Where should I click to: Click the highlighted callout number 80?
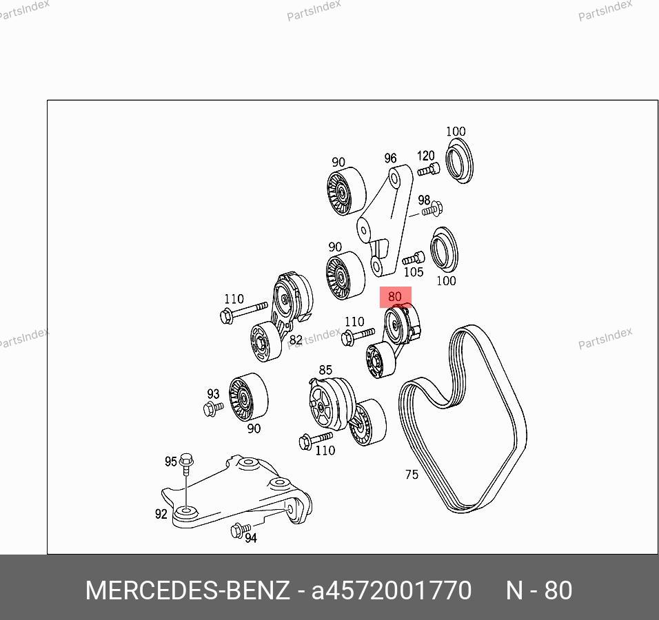pos(395,296)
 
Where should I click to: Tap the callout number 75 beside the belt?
pos(412,474)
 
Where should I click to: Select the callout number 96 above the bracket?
pos(390,158)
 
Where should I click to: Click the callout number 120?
pos(425,156)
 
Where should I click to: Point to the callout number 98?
pos(424,200)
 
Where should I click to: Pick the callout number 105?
pos(413,272)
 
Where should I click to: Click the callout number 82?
pos(296,340)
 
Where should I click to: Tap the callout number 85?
pos(325,370)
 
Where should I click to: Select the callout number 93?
pos(213,393)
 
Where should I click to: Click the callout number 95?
pos(171,462)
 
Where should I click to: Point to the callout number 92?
pos(161,514)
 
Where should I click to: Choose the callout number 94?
pos(251,537)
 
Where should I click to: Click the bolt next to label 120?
pos(429,169)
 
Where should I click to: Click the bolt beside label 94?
pos(241,530)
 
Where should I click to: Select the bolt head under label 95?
pos(185,459)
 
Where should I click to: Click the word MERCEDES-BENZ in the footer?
pos(187,590)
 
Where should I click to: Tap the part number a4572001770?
pos(392,590)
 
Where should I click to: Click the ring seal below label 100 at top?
pos(459,161)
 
